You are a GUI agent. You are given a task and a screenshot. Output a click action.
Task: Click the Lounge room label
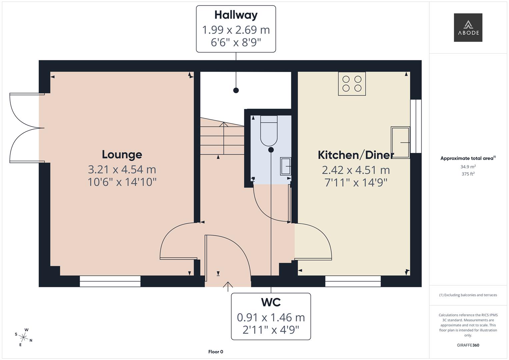point(122,154)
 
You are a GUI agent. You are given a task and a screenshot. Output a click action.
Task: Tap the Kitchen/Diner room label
point(356,155)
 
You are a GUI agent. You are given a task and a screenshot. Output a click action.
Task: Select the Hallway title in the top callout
point(236,15)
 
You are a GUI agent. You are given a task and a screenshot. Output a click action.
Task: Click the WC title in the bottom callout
point(271,302)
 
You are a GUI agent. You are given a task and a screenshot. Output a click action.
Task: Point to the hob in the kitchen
point(352,84)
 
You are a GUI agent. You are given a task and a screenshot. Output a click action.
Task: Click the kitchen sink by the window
point(400,142)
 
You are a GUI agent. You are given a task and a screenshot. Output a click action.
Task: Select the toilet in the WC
point(269,131)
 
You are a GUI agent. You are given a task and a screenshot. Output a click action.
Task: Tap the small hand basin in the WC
point(285,166)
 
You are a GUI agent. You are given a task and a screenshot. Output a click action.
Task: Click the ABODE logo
point(468,28)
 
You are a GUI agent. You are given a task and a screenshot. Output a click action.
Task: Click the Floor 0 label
point(216,352)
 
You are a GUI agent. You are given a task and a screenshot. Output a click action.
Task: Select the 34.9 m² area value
point(468,167)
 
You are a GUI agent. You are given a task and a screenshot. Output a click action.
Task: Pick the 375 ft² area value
point(468,174)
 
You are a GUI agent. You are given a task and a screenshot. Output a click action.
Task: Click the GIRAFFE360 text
point(468,345)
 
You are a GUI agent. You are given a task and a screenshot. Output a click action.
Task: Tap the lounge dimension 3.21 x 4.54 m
point(122,170)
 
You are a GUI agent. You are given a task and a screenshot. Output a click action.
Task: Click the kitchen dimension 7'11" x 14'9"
point(356,183)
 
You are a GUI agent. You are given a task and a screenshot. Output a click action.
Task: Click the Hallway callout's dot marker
point(236,90)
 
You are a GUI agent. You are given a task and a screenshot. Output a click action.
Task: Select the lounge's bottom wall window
point(110,281)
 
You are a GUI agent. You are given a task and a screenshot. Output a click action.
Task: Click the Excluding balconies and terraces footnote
point(468,295)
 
